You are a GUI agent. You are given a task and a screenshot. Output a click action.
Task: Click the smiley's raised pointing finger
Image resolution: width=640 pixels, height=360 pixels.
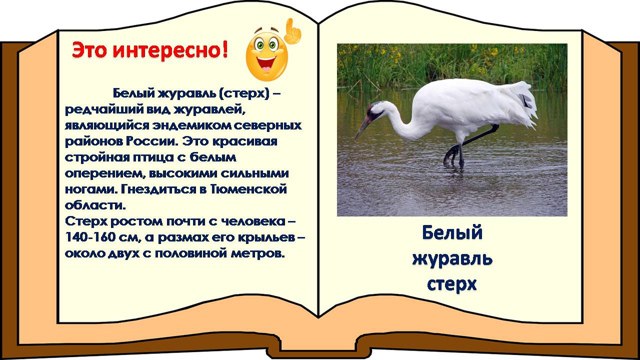(x=292, y=31)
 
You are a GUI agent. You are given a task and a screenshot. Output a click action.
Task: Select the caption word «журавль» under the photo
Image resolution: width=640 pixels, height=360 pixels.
(x=452, y=259)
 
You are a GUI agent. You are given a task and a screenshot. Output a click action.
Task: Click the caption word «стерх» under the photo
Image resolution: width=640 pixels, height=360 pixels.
(x=452, y=283)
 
